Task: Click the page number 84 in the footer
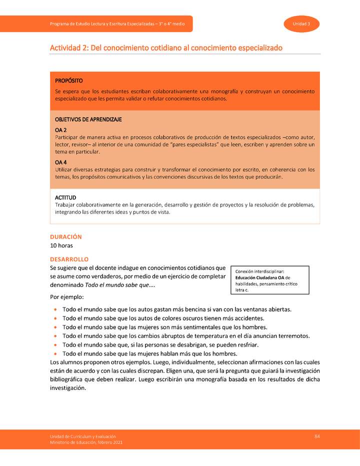pyautogui.click(x=317, y=436)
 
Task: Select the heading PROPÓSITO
pyautogui.click(x=69, y=80)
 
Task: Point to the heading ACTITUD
pyautogui.click(x=65, y=198)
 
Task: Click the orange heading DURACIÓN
pyautogui.click(x=65, y=236)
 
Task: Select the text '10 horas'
pyautogui.click(x=61, y=245)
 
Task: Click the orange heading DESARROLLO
pyautogui.click(x=69, y=259)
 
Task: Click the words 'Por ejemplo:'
pyautogui.click(x=67, y=297)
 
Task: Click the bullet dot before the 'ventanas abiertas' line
pyautogui.click(x=54, y=309)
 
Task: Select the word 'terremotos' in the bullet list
pyautogui.click(x=293, y=336)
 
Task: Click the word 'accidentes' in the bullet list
pyautogui.click(x=247, y=318)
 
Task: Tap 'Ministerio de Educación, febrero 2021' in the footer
pyautogui.click(x=85, y=442)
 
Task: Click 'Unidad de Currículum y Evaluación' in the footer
pyautogui.click(x=82, y=436)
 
